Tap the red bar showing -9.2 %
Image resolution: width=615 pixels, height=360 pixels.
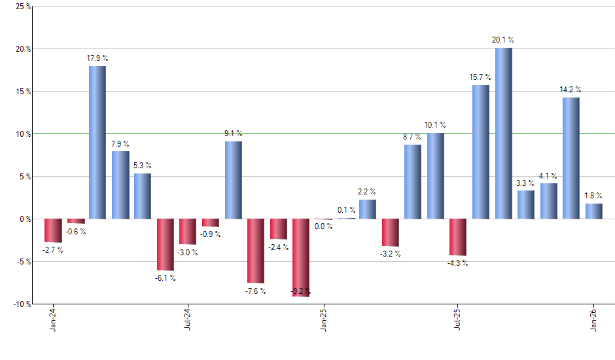(300, 257)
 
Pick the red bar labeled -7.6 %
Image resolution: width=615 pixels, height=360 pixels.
(255, 251)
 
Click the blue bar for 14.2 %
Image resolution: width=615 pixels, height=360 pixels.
(571, 158)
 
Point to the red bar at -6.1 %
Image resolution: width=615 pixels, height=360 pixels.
(165, 244)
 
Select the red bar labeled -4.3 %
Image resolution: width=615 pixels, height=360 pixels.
(458, 237)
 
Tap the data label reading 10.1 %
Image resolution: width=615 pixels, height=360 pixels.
(435, 124)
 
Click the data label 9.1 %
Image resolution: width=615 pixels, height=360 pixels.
(233, 133)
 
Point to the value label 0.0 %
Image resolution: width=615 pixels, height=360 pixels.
(323, 226)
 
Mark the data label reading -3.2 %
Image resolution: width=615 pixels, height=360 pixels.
(391, 255)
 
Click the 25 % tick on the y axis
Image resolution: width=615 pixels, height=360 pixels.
(23, 7)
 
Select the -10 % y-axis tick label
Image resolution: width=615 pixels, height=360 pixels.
(22, 304)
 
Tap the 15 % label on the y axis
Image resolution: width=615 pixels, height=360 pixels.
(23, 92)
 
